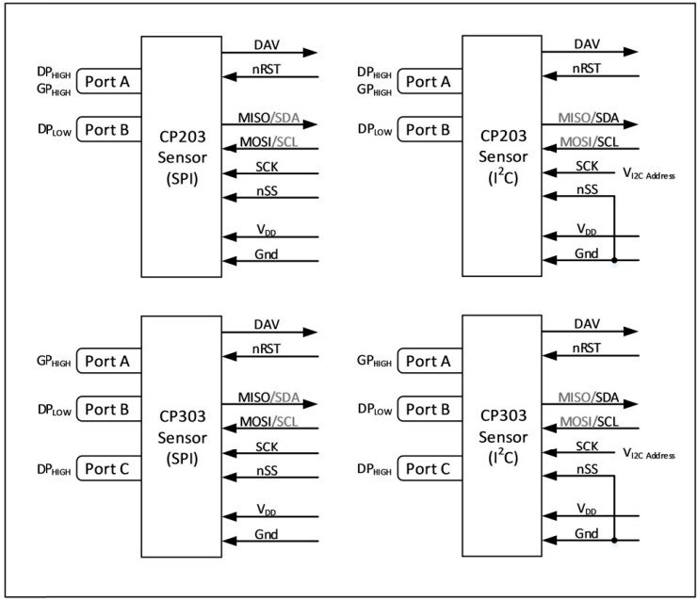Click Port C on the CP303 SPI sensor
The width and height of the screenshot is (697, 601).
click(x=107, y=467)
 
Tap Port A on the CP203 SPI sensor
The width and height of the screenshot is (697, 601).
click(x=107, y=81)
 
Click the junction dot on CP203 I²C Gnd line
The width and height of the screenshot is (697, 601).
click(x=613, y=259)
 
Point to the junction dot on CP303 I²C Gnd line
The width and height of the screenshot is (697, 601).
click(x=613, y=540)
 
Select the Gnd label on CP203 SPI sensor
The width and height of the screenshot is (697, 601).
click(x=266, y=252)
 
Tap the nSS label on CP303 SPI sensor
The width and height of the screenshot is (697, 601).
click(x=266, y=468)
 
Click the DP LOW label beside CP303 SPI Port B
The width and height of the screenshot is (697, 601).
click(x=54, y=408)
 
